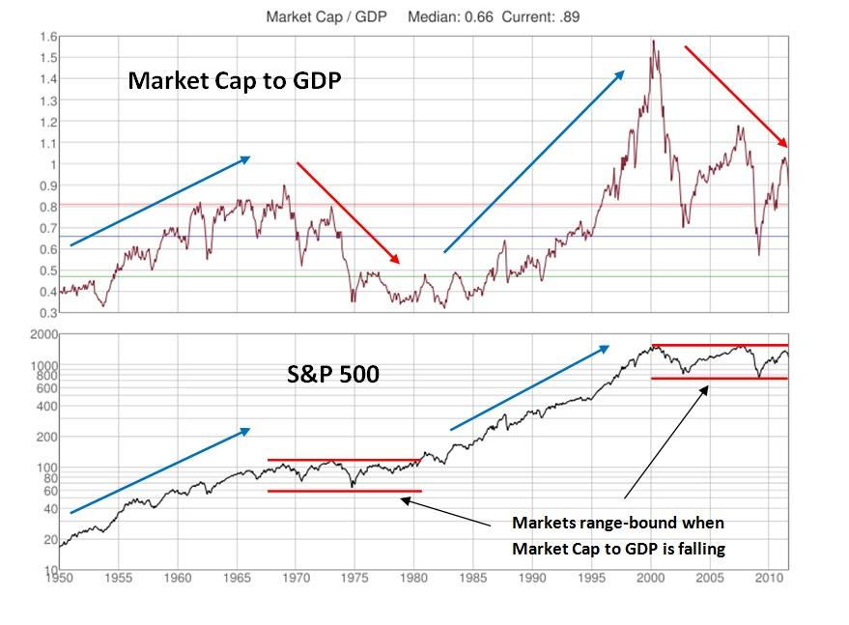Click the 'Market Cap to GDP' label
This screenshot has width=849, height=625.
pyautogui.click(x=236, y=82)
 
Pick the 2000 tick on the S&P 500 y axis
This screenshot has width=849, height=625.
pyautogui.click(x=41, y=333)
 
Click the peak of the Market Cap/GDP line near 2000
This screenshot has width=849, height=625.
pyautogui.click(x=654, y=42)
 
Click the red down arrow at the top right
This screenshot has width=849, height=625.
pyautogui.click(x=736, y=97)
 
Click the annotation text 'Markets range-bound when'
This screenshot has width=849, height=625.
pyautogui.click(x=618, y=523)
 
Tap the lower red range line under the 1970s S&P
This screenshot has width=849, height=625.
pyautogui.click(x=344, y=491)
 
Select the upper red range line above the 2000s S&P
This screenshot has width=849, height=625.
pyautogui.click(x=720, y=345)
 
